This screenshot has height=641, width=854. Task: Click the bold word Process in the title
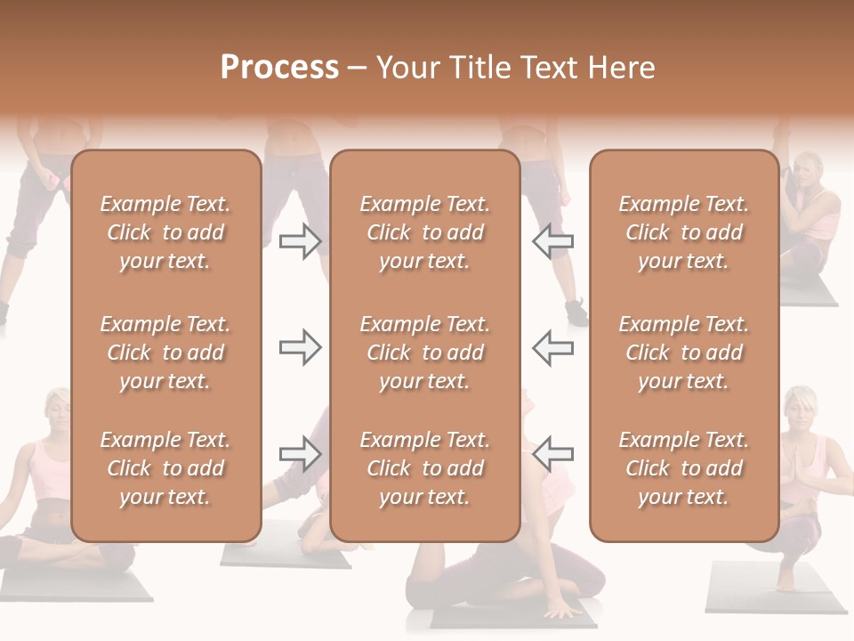(x=279, y=68)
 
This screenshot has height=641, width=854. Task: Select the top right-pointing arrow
(x=300, y=241)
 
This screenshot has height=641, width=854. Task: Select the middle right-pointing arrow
(x=300, y=347)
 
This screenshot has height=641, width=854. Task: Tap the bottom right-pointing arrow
(x=300, y=453)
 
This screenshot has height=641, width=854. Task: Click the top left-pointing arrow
(x=552, y=241)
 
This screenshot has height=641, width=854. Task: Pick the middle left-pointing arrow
(x=552, y=347)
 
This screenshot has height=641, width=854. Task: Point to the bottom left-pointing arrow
(x=552, y=453)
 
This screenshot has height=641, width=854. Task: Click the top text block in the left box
(x=165, y=232)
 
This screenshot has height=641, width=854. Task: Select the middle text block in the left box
(x=165, y=353)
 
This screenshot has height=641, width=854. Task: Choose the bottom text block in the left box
(x=165, y=468)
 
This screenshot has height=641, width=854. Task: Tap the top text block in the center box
(x=424, y=232)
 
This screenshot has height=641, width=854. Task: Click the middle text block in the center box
(x=424, y=353)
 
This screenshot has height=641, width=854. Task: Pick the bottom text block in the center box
(x=424, y=468)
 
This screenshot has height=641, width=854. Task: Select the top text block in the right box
(x=683, y=232)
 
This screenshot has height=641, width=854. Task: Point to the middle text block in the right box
(x=683, y=353)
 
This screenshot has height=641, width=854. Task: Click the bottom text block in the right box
(x=683, y=468)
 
